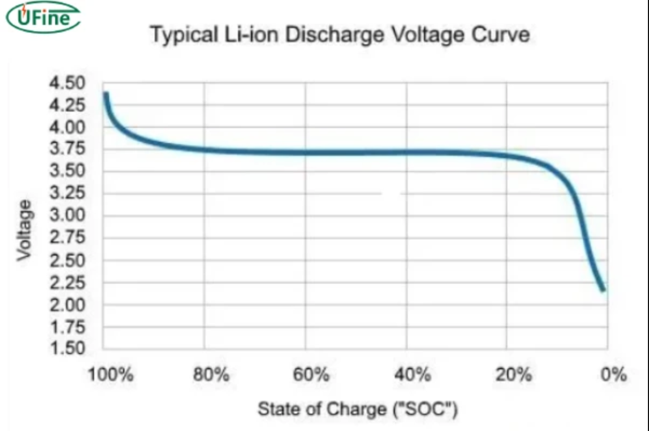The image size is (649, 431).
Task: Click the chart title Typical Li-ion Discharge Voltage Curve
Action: pos(339,35)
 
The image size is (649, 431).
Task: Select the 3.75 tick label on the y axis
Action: pos(68,149)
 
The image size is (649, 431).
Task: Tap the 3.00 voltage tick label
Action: pos(68,216)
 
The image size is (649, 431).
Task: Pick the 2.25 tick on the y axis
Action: pos(68,283)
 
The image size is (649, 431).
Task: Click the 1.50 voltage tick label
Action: pos(68,349)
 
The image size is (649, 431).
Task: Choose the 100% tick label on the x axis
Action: pos(111,375)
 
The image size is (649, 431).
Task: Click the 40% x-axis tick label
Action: pos(414,375)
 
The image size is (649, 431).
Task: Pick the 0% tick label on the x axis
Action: pos(614,375)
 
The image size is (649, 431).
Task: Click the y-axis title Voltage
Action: pos(24,230)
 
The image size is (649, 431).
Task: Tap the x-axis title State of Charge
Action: pos(357,409)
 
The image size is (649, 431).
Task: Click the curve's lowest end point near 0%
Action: pos(602,290)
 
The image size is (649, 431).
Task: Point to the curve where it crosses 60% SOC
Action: pos(305,152)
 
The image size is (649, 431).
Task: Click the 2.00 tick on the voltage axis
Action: pos(68,305)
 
